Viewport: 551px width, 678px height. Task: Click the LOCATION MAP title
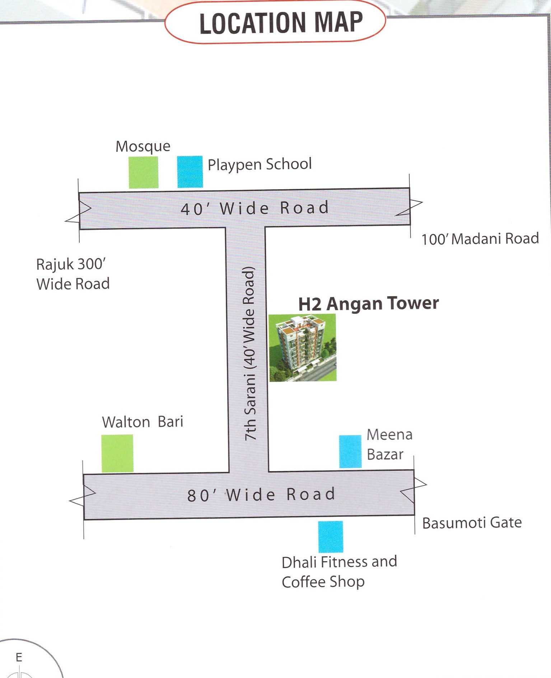(281, 23)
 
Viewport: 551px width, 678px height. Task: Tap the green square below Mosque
(144, 172)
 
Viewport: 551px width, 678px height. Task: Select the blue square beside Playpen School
(190, 172)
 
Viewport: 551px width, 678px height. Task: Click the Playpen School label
(260, 164)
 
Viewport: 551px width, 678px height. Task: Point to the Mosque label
(143, 147)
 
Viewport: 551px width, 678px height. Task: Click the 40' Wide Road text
(255, 208)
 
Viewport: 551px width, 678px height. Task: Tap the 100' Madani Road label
(480, 239)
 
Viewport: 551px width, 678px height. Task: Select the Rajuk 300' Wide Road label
(73, 274)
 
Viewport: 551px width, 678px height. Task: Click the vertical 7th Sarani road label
(249, 354)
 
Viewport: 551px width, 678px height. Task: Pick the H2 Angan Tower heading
(369, 303)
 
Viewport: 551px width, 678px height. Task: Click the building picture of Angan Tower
(303, 348)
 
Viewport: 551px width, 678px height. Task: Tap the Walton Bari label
(143, 422)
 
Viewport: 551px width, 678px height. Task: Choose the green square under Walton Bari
(117, 454)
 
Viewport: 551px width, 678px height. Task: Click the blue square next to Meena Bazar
(350, 451)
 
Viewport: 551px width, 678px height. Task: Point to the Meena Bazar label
(389, 445)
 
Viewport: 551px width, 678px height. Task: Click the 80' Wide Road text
(261, 495)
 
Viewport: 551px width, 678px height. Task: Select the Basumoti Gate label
(472, 523)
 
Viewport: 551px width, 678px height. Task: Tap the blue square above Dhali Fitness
(331, 537)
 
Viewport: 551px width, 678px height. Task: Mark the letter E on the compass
(19, 657)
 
